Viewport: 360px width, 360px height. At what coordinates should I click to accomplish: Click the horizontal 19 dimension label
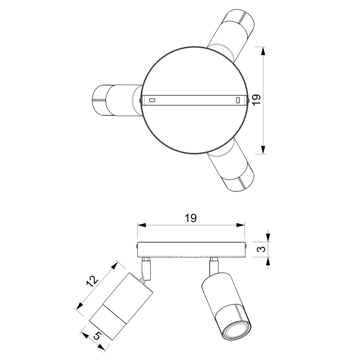click(x=190, y=218)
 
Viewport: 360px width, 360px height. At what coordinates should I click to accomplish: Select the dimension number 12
click(x=92, y=281)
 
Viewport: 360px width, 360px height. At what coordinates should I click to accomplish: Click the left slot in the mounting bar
click(x=152, y=100)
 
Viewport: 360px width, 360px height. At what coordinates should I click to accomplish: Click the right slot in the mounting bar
click(x=238, y=100)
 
